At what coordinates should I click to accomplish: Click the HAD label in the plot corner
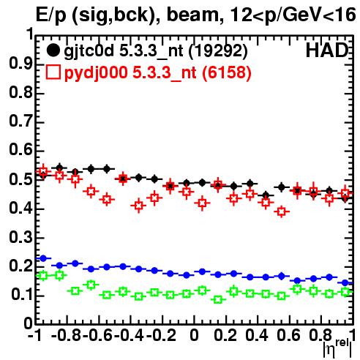(327, 50)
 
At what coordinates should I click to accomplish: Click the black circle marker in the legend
(53, 50)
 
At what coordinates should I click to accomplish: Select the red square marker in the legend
(53, 72)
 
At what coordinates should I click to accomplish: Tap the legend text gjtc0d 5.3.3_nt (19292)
(156, 51)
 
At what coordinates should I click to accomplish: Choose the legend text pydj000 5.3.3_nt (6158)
(157, 72)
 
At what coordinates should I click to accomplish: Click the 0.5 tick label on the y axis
(20, 179)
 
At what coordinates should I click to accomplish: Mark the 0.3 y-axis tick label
(20, 237)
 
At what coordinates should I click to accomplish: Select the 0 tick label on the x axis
(194, 334)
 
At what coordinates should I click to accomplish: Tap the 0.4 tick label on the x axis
(257, 334)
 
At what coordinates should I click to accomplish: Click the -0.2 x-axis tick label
(161, 334)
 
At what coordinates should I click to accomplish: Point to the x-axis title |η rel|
(338, 348)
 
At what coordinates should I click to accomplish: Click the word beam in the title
(195, 15)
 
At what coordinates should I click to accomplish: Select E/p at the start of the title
(51, 15)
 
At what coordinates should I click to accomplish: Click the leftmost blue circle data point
(43, 258)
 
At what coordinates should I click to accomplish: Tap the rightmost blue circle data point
(345, 283)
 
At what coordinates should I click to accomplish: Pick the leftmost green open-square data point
(43, 276)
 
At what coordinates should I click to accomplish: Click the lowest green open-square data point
(218, 299)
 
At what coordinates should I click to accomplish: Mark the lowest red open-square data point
(282, 211)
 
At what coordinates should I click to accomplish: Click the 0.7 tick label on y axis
(20, 121)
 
